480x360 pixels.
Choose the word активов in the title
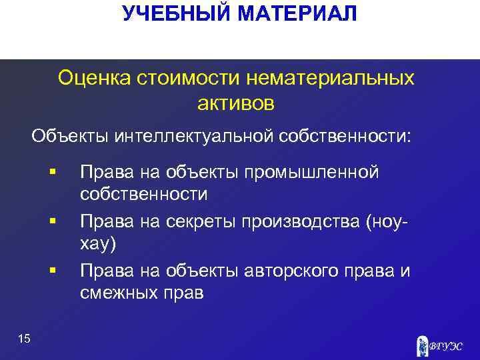point(235,103)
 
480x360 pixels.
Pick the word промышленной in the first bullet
point(311,173)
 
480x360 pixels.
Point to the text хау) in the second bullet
point(98,244)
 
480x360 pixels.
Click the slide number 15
point(25,340)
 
